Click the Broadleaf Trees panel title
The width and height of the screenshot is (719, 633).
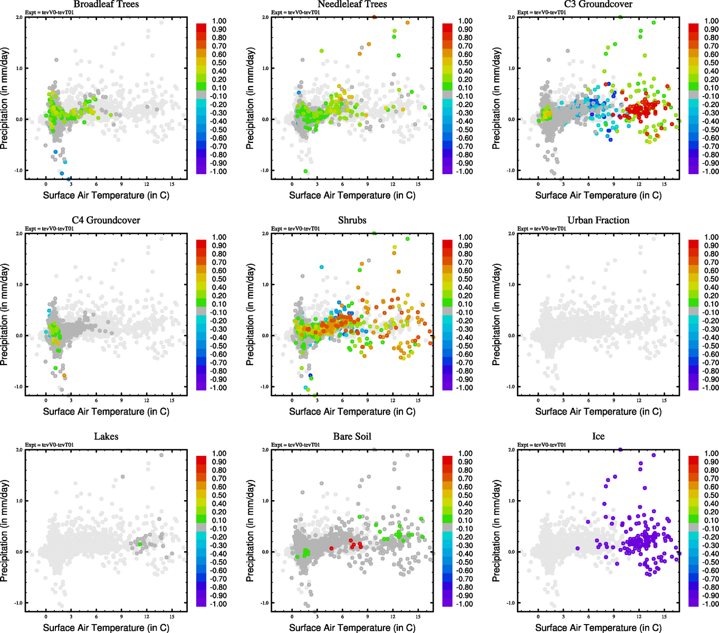click(x=106, y=4)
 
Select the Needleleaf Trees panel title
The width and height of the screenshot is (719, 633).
click(x=352, y=4)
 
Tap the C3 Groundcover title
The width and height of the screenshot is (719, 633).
click(x=598, y=4)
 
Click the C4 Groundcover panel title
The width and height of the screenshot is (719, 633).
click(x=106, y=220)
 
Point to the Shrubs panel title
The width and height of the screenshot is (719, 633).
click(x=352, y=220)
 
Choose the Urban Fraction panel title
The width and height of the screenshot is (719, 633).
click(x=598, y=220)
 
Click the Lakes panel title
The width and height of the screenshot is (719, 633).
click(x=106, y=436)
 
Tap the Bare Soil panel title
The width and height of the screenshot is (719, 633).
click(x=352, y=436)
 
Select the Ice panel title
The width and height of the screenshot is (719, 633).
click(x=598, y=436)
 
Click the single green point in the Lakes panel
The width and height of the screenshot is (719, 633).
click(x=140, y=544)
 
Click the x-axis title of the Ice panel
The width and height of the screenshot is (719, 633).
click(x=598, y=628)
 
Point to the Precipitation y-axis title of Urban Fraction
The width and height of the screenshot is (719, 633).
click(x=496, y=314)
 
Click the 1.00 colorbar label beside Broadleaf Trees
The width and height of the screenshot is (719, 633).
click(x=219, y=21)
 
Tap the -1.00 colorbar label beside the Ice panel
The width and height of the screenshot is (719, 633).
click(x=711, y=604)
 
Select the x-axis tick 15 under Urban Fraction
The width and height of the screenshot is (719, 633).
click(x=664, y=400)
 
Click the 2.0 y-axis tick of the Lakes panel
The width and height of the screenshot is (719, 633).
click(x=19, y=450)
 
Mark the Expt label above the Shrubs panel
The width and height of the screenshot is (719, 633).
click(x=295, y=228)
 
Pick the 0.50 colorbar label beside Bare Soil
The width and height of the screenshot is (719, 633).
click(x=465, y=495)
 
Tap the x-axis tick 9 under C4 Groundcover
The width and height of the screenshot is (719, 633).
click(x=121, y=400)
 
